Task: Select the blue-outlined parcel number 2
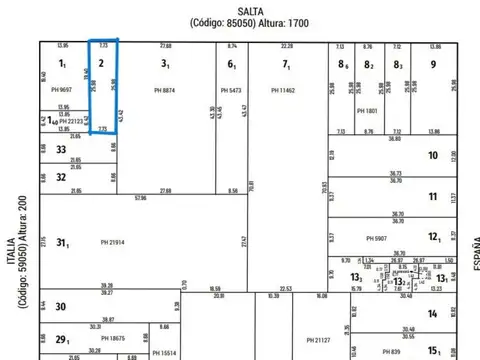tap(101, 62)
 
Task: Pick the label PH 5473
tap(230, 90)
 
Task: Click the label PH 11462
tap(285, 90)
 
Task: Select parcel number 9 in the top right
tap(433, 64)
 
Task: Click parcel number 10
tap(433, 155)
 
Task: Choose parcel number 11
tap(433, 196)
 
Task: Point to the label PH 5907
tap(376, 238)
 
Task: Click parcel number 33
tap(61, 149)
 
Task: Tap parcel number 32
tap(61, 177)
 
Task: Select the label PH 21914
tap(116, 242)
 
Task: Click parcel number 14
tap(433, 313)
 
